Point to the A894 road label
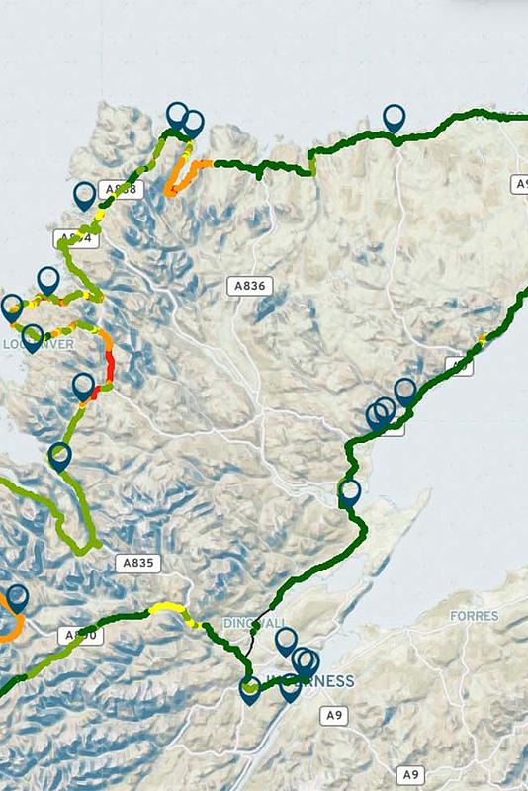click(x=72, y=238)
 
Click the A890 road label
click(x=78, y=635)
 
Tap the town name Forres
click(x=474, y=615)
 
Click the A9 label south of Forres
click(x=411, y=775)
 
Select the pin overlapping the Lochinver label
click(x=32, y=337)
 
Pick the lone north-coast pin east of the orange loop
click(x=395, y=118)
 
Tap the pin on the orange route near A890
click(x=16, y=598)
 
